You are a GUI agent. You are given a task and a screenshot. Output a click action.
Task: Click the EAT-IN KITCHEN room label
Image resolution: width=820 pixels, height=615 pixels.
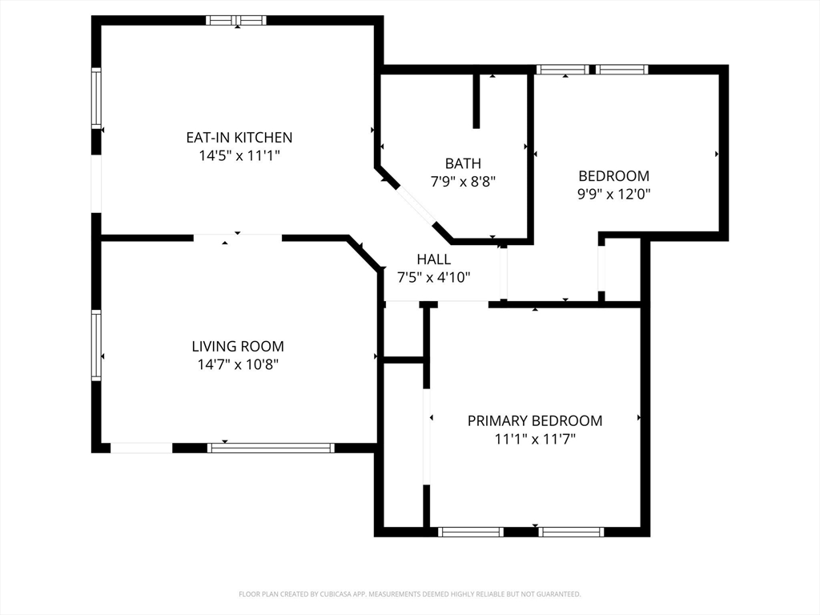pyautogui.click(x=239, y=138)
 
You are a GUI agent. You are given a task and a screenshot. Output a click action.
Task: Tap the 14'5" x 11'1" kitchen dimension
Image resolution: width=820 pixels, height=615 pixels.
pyautogui.click(x=239, y=156)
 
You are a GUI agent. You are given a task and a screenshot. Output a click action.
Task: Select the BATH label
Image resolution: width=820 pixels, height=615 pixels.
pyautogui.click(x=463, y=163)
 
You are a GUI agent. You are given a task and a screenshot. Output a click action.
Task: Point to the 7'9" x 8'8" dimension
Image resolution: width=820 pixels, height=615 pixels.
pyautogui.click(x=463, y=182)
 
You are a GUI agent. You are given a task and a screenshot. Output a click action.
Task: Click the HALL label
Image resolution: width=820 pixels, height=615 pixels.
pyautogui.click(x=433, y=259)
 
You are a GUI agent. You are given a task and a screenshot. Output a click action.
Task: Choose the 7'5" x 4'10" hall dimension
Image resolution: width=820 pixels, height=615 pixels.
pyautogui.click(x=433, y=278)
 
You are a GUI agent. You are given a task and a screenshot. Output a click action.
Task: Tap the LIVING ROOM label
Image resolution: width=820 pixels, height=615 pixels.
pyautogui.click(x=238, y=346)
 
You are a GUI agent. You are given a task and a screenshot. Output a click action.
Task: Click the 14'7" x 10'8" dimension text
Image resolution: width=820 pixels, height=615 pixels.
pyautogui.click(x=238, y=364)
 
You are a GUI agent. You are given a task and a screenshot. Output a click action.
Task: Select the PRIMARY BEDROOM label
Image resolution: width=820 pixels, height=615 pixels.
pyautogui.click(x=535, y=421)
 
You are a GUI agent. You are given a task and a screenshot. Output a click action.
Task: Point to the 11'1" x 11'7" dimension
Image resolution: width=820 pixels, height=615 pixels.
pyautogui.click(x=535, y=440)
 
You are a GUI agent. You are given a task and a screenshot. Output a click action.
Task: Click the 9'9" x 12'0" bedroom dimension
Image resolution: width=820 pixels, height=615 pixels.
pyautogui.click(x=614, y=195)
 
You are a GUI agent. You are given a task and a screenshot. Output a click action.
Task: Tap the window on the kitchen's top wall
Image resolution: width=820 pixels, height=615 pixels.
pyautogui.click(x=236, y=20)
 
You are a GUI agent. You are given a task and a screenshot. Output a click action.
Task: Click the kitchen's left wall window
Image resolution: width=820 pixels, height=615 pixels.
pyautogui.click(x=96, y=98)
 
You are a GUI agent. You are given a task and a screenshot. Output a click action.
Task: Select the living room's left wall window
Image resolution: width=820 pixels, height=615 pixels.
pyautogui.click(x=96, y=345)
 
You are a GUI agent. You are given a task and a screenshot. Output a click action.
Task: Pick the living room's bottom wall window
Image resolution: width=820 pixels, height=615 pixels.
pyautogui.click(x=271, y=448)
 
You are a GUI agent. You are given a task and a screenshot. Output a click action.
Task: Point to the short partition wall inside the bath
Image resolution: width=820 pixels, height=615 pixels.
pyautogui.click(x=476, y=101)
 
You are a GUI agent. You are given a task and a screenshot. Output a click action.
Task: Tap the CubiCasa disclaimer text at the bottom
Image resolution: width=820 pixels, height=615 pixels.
pyautogui.click(x=409, y=594)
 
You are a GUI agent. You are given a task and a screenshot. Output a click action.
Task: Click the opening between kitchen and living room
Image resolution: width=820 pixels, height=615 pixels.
pyautogui.click(x=238, y=238)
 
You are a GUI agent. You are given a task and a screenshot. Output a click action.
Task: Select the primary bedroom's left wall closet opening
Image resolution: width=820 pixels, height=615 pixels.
pyautogui.click(x=427, y=436)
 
